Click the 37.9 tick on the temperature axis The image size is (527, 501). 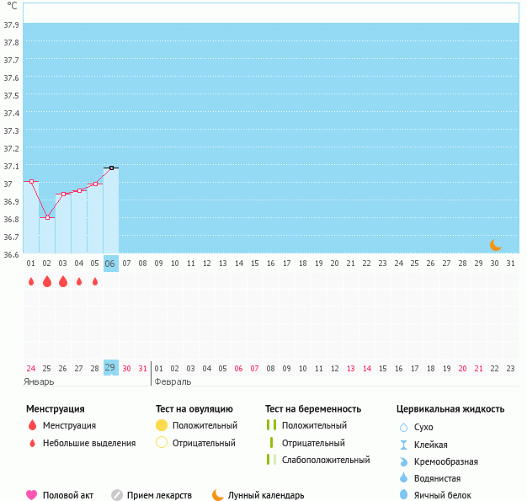(x=11, y=25)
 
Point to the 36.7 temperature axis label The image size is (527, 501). (x=11, y=237)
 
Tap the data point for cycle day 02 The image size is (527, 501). (x=47, y=217)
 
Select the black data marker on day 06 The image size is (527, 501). (x=111, y=168)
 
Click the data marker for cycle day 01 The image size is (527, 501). (x=31, y=181)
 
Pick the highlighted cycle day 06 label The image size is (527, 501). (x=110, y=264)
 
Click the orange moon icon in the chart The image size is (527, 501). (x=496, y=244)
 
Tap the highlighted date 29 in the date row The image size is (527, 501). (x=110, y=368)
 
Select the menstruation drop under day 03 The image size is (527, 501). (x=63, y=281)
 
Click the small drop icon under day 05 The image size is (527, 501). (x=95, y=281)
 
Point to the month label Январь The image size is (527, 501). (x=40, y=381)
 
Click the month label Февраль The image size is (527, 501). (x=173, y=381)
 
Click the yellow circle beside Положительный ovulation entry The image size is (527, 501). (x=162, y=425)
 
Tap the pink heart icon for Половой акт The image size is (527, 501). (x=31, y=495)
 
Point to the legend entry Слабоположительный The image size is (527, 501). (x=326, y=460)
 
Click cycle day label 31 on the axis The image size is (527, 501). (x=509, y=264)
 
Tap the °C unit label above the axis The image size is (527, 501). (x=11, y=6)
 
